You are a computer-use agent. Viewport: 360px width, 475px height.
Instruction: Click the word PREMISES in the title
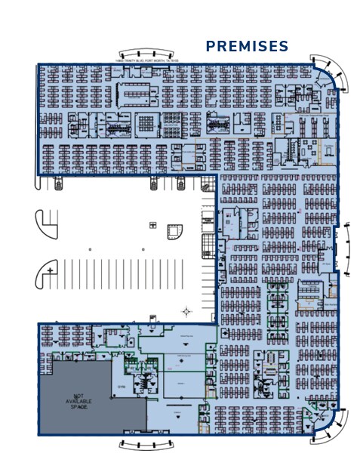pyautogui.click(x=247, y=47)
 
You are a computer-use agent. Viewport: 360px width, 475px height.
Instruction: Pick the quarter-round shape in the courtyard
pyautogui.click(x=174, y=231)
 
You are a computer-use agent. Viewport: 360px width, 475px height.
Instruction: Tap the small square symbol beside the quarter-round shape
pyautogui.click(x=153, y=226)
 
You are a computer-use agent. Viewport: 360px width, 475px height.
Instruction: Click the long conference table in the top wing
pyautogui.click(x=137, y=92)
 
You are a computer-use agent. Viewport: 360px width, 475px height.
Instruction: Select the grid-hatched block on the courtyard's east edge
pyautogui.click(x=208, y=246)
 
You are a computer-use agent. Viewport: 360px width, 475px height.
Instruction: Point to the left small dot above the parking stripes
pyautogui.click(x=90, y=248)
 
